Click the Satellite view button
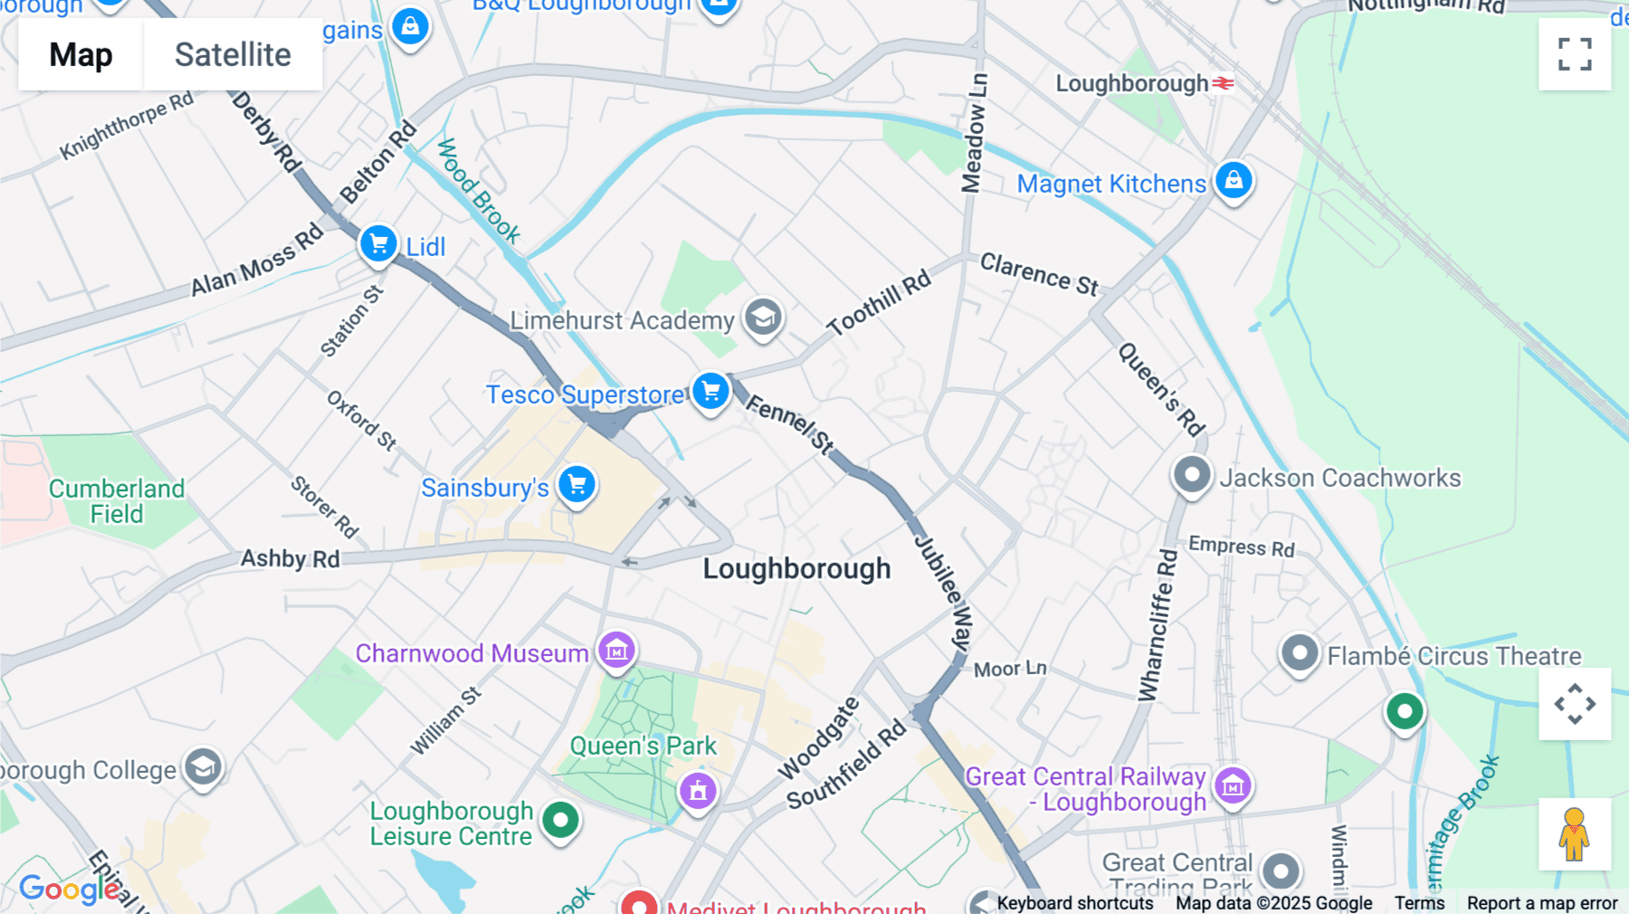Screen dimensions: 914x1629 coord(233,55)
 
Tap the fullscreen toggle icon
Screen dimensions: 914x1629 coord(1575,54)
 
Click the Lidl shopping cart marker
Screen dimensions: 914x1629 coord(378,244)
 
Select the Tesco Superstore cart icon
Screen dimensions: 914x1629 coord(711,392)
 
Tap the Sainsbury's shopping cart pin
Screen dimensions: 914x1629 coord(576,485)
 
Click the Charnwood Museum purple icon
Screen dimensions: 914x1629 coord(616,650)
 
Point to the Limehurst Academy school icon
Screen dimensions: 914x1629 coord(763,318)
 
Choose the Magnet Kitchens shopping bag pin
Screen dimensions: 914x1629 coord(1234,180)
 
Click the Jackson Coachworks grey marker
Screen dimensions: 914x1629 coord(1192,474)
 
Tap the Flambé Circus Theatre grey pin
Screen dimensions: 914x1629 coord(1300,652)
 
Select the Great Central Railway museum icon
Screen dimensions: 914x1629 coord(1233,785)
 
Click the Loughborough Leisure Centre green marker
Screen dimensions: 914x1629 coord(560,821)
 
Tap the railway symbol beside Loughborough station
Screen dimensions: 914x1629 coord(1224,83)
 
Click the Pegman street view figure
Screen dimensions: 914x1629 coord(1574,834)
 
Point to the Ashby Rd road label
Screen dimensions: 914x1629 coord(290,558)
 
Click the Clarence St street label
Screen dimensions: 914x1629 coord(1039,274)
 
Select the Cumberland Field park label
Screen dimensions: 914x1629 coord(117,501)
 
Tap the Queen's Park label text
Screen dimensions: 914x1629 coord(643,746)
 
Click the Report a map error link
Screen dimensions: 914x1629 coord(1542,903)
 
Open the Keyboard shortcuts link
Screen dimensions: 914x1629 coord(1074,903)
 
